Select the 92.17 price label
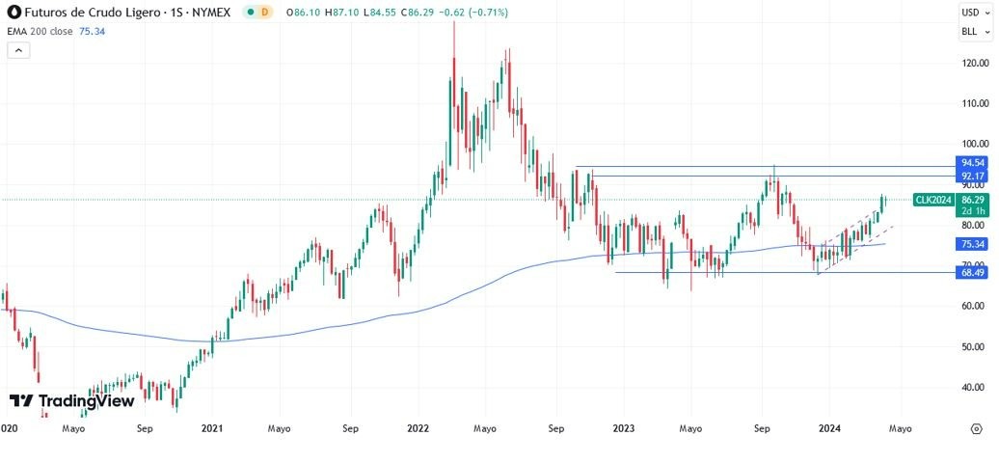pos(971,177)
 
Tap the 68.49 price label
pos(971,273)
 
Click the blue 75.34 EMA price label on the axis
pos(971,244)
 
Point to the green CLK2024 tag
pos(933,200)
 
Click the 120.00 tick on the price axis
pos(972,63)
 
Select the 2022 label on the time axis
pos(418,426)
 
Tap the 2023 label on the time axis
pos(624,426)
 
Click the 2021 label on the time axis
pos(212,426)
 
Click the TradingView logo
pos(71,401)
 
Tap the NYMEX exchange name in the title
pos(211,13)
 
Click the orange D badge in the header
pos(265,13)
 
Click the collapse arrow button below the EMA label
pos(18,50)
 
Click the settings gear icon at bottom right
pos(976,427)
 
